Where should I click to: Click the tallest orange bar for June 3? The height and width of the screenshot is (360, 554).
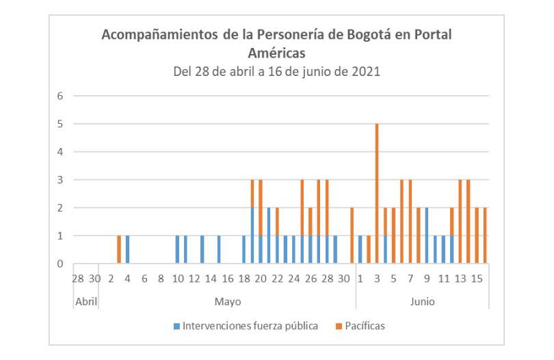click(376, 194)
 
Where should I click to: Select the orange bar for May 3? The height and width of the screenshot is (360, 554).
click(119, 250)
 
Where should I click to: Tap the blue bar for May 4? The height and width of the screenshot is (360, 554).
click(127, 250)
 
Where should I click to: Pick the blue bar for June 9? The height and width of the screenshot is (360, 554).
click(427, 235)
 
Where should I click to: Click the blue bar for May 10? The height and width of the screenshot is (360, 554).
click(177, 250)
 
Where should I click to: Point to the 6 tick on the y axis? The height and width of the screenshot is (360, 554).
click(60, 96)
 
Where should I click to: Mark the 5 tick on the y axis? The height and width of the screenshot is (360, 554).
click(60, 124)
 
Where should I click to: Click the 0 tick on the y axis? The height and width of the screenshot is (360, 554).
click(60, 263)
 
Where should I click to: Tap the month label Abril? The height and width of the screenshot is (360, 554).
click(85, 301)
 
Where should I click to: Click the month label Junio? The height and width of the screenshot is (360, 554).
click(423, 301)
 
